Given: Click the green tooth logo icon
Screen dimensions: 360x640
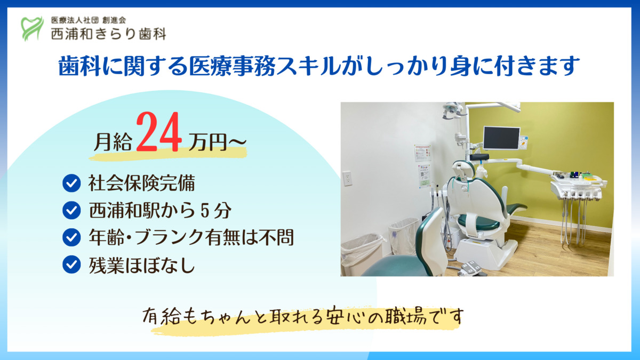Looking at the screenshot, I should (x=32, y=28).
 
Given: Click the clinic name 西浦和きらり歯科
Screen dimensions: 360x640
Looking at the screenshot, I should (x=108, y=34).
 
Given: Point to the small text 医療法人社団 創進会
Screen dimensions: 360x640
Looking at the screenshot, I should (x=88, y=20).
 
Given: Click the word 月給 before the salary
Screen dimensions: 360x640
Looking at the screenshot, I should (x=113, y=142).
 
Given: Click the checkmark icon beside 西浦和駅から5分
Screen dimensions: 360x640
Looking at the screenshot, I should (x=71, y=211).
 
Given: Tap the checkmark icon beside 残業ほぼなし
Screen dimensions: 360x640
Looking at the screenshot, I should (x=71, y=265).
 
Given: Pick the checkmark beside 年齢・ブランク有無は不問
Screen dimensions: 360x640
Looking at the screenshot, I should (x=71, y=238).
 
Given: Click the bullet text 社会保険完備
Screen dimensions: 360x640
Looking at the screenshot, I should (x=141, y=184).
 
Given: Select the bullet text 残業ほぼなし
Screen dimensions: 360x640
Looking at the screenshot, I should (x=141, y=265).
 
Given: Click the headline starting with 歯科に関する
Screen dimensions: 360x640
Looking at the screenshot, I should (x=319, y=67).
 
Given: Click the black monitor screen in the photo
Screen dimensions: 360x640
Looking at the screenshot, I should (x=501, y=138).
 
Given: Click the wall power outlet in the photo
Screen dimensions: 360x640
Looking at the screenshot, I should (x=347, y=178).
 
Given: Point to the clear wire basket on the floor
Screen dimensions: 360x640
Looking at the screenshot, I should (x=403, y=235).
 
